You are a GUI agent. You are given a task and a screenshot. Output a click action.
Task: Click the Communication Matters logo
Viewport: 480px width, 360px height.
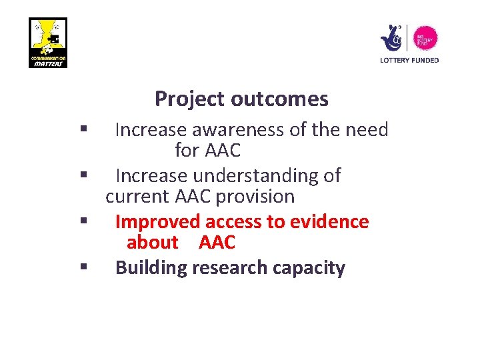click(48, 42)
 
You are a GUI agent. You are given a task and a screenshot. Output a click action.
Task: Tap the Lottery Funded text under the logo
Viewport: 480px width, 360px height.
click(409, 60)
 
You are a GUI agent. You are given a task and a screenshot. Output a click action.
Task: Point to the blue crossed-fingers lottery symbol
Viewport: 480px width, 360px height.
click(391, 38)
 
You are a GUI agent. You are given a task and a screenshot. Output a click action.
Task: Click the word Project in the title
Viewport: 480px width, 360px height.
click(190, 99)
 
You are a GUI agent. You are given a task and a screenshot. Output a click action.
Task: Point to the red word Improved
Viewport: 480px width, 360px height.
click(157, 221)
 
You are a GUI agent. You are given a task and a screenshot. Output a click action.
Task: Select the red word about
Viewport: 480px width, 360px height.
click(152, 242)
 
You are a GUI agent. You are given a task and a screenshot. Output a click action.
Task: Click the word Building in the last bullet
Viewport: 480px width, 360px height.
click(151, 267)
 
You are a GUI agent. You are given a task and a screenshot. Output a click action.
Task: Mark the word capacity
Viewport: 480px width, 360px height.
click(309, 267)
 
